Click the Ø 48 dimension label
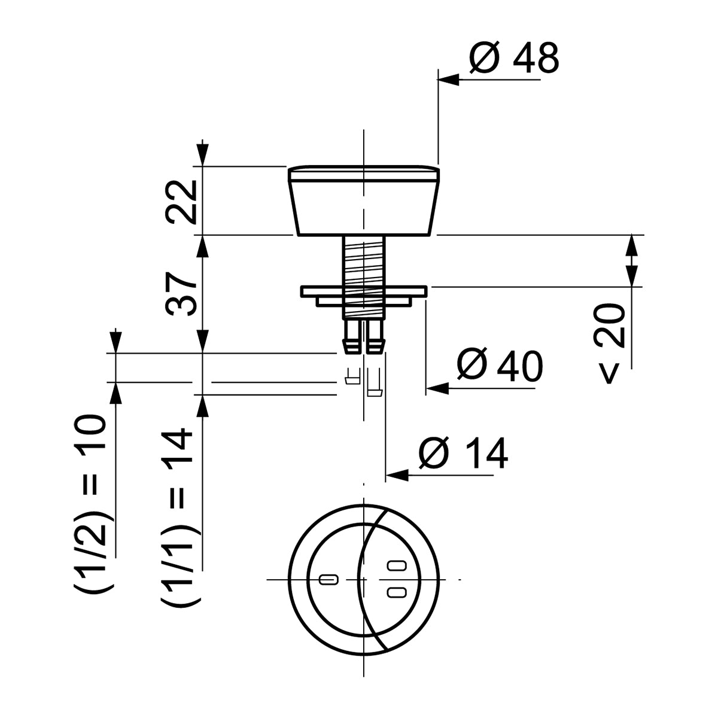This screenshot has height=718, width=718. pos(513,59)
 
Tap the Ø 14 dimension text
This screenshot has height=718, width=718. pos(463,453)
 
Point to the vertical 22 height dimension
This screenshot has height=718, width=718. pos(181,202)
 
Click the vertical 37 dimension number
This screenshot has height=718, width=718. pos(181,294)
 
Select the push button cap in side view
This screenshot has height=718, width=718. pos(364,200)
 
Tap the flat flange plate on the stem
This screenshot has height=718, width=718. pos(364,291)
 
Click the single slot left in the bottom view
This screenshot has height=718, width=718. pos(329,579)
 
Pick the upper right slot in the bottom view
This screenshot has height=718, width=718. pos(396,565)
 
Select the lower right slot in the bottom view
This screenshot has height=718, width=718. pos(396,592)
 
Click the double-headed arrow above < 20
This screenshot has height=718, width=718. pos(632,261)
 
